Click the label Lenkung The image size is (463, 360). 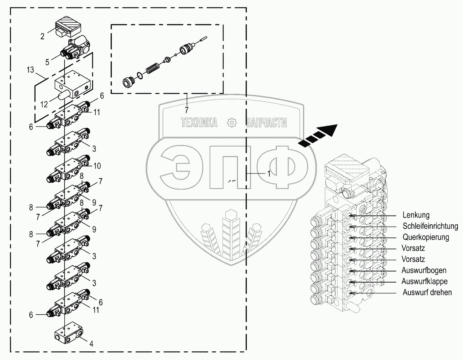416,216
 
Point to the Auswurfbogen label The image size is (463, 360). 424,271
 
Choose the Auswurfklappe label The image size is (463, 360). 425,281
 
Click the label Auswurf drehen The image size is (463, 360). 426,293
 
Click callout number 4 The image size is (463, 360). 92,344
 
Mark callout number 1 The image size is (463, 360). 268,173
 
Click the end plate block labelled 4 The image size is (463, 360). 68,334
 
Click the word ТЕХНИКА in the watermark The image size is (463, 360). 199,123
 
